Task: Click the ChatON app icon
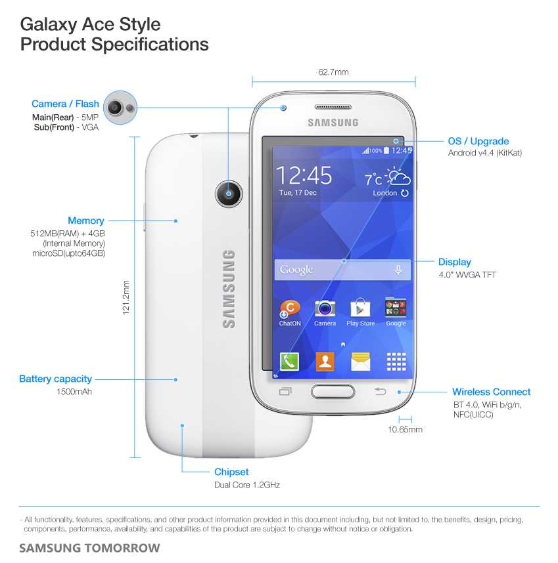click(290, 308)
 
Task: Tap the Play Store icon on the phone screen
click(360, 308)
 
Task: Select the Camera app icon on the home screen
click(325, 308)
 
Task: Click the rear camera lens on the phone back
click(228, 194)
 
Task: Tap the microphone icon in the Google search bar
click(398, 270)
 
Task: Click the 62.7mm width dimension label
click(333, 72)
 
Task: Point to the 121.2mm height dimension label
click(126, 297)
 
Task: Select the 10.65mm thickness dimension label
click(405, 430)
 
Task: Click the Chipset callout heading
click(231, 472)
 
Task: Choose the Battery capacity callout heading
click(55, 379)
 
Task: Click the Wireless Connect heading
click(491, 392)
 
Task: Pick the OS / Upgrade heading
click(478, 141)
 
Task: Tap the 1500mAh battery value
click(74, 392)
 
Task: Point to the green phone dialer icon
click(289, 362)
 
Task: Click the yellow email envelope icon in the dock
click(360, 362)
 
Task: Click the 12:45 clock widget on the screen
click(304, 176)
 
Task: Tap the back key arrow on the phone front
click(381, 392)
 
